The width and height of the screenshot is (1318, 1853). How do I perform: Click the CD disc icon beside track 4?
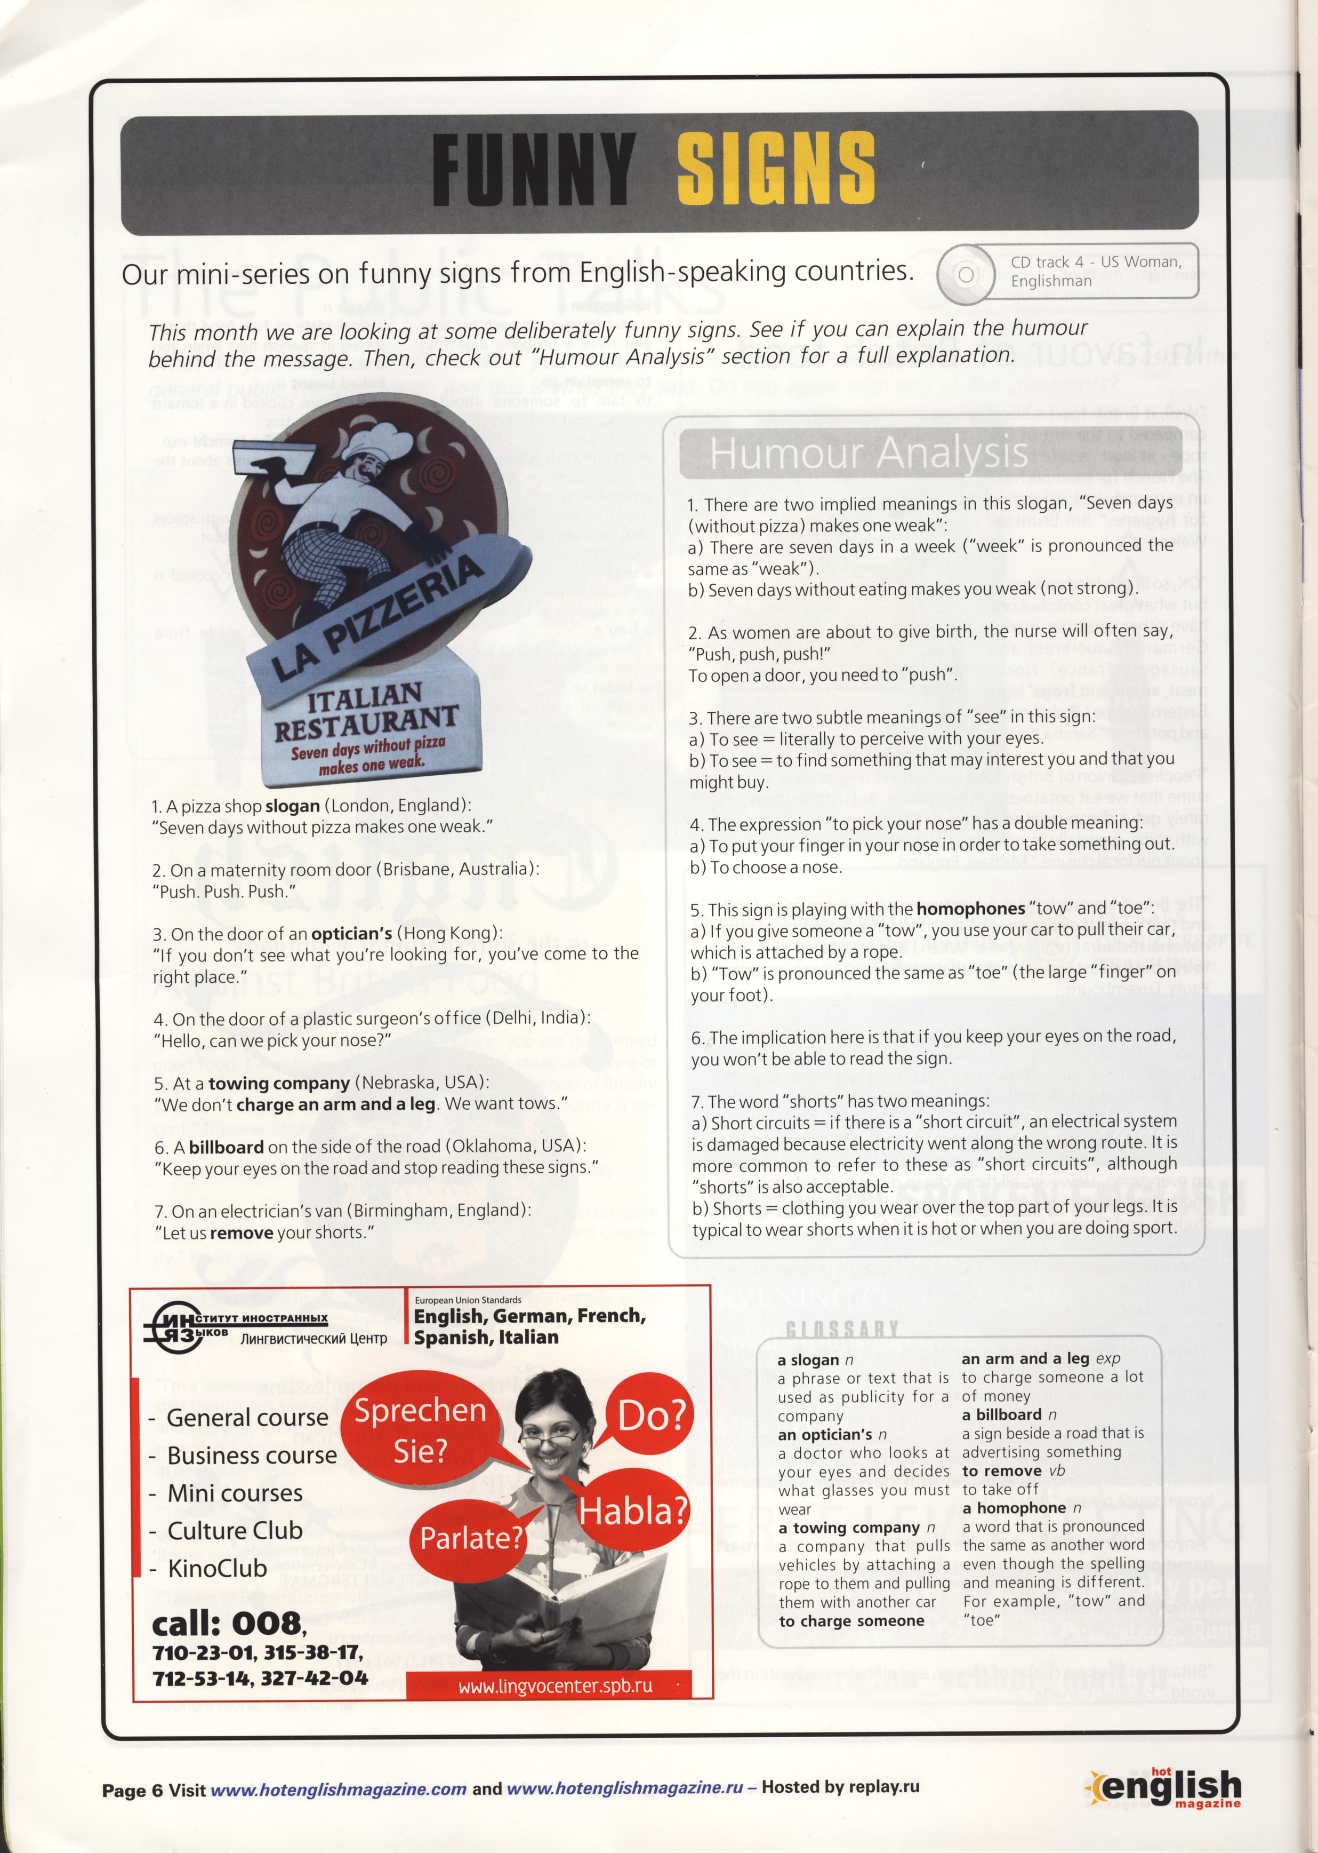(x=966, y=274)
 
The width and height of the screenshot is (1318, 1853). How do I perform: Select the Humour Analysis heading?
(x=869, y=453)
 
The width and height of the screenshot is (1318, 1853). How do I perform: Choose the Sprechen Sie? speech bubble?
(x=420, y=1430)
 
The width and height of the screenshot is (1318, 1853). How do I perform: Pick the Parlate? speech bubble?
(x=470, y=1537)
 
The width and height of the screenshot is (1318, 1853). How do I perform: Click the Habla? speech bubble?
(x=632, y=1511)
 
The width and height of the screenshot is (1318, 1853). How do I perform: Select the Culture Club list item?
(x=235, y=1531)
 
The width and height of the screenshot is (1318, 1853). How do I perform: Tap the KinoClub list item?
(x=216, y=1568)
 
